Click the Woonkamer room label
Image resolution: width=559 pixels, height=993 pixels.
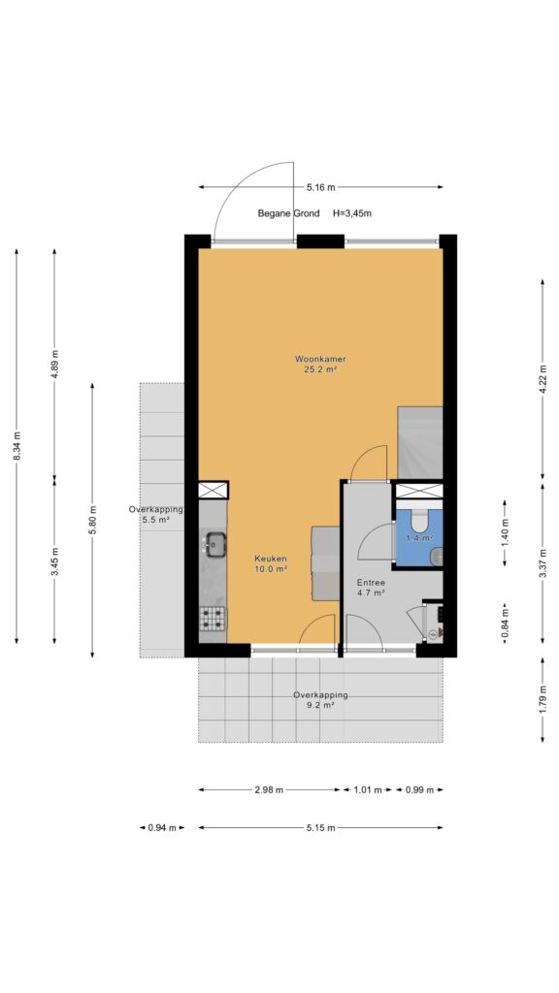click(320, 359)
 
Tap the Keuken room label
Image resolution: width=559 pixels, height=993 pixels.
click(271, 559)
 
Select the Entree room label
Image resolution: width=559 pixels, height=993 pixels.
click(371, 583)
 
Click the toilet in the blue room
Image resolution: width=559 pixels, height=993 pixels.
click(419, 521)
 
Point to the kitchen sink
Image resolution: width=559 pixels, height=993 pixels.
click(215, 543)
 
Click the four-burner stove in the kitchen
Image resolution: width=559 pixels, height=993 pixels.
click(213, 618)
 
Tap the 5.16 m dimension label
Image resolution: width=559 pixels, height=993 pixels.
click(320, 187)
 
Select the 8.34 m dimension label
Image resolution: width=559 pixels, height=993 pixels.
click(16, 447)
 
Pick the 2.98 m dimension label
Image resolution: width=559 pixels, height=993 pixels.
click(269, 789)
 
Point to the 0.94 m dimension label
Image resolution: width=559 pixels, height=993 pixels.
click(162, 827)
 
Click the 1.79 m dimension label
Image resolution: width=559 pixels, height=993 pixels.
click(543, 700)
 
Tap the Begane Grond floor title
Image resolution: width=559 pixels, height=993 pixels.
click(288, 213)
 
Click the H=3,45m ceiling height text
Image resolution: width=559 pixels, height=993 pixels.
click(352, 213)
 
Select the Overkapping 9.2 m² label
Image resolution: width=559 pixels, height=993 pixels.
click(320, 699)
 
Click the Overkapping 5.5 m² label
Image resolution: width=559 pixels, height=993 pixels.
click(156, 514)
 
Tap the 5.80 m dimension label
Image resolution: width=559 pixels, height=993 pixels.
click(92, 520)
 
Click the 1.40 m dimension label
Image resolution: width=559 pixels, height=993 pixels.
click(505, 532)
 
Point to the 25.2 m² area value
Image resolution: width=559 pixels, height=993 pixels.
click(320, 369)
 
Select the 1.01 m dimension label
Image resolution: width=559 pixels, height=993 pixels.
click(368, 789)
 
